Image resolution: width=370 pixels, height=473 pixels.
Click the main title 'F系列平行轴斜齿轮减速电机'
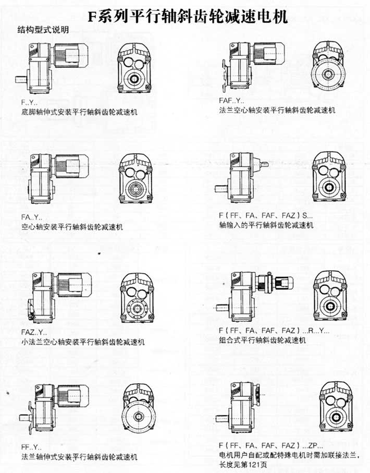pos(188,17)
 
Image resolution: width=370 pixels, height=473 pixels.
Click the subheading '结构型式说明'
pos(43,30)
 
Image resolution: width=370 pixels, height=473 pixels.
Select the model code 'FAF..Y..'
pos(231,100)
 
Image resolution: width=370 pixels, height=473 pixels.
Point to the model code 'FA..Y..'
pos(32,217)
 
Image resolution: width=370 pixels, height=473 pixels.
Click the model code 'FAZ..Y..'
pos(34,332)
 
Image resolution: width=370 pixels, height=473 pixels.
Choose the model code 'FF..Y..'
pos(31,447)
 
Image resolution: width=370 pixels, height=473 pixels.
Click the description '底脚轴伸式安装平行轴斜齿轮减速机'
pos(79,112)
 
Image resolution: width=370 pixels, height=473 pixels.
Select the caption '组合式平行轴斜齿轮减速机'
pos(263,340)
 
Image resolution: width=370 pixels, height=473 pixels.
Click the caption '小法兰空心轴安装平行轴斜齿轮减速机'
pos(83,342)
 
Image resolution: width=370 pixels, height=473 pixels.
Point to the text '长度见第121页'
pos(243,465)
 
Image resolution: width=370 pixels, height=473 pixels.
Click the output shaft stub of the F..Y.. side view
pos(21,79)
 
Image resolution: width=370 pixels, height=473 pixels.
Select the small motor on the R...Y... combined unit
pos(284,282)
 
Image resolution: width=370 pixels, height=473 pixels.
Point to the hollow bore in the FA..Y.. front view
pos(135,189)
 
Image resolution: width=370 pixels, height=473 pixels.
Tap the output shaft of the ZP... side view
pos(223,419)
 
